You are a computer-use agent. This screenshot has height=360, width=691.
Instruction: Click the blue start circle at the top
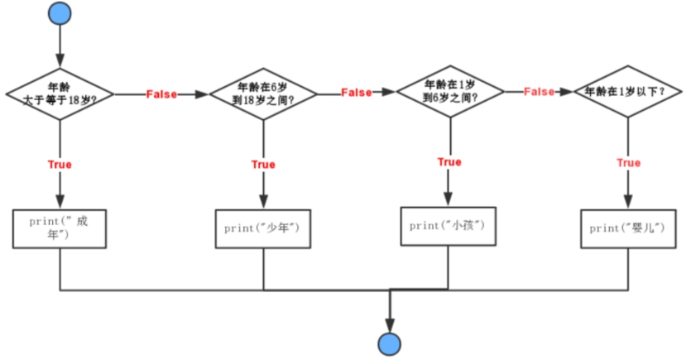coord(60,13)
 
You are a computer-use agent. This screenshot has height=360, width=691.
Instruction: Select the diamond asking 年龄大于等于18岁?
coord(60,94)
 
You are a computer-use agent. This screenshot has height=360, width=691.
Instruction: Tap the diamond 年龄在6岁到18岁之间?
coord(264,94)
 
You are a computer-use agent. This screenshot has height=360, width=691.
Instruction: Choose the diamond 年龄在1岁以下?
coord(628,92)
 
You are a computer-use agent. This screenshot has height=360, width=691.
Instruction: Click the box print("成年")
coord(60,228)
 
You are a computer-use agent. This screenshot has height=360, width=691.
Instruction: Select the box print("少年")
coord(263,228)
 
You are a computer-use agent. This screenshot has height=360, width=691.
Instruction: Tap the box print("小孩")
coord(449,225)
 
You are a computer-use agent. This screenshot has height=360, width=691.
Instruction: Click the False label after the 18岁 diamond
coord(161,94)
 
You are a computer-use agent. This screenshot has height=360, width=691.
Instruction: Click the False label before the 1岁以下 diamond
coord(539,92)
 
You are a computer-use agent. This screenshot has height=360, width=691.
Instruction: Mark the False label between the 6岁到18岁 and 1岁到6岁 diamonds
coord(356,92)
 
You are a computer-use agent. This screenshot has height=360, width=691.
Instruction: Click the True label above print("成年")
coord(60,164)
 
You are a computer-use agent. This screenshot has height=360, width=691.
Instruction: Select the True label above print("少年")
coord(263,165)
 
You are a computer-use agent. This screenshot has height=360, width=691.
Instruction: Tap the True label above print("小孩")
coord(449,162)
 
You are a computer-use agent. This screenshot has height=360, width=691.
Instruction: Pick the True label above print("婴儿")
coord(629,163)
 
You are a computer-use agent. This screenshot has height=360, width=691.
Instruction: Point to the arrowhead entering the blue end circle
coord(388,324)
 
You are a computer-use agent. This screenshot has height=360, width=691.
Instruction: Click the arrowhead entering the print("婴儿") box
coord(627,202)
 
